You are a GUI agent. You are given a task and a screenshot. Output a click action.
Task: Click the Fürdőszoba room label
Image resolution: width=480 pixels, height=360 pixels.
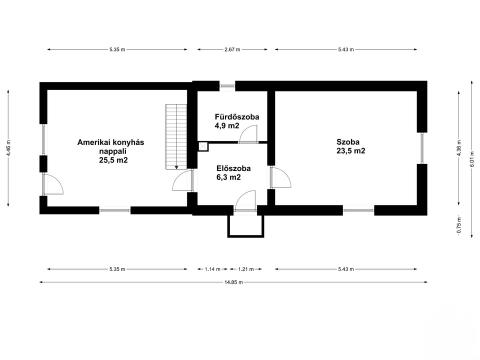tap(237, 116)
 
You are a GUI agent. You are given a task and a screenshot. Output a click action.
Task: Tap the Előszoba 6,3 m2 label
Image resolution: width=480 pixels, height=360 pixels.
tap(233, 172)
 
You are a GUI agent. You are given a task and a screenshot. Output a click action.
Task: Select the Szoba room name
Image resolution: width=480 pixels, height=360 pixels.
tap(348, 141)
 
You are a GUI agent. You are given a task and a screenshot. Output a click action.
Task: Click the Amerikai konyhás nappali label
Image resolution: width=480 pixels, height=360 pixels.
tap(110, 146)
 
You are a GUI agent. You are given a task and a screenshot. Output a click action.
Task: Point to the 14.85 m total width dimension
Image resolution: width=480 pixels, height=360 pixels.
tap(233, 282)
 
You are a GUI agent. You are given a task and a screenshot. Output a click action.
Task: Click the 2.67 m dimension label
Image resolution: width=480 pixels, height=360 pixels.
tap(232, 49)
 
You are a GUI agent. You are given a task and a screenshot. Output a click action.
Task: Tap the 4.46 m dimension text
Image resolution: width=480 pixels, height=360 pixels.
tap(8, 148)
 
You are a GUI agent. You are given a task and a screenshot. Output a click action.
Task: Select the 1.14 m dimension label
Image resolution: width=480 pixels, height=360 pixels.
tap(212, 269)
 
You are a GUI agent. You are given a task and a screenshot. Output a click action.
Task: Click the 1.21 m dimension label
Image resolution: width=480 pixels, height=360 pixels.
tap(246, 269)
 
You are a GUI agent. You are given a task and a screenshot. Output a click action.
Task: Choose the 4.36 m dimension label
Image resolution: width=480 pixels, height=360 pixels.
tap(459, 148)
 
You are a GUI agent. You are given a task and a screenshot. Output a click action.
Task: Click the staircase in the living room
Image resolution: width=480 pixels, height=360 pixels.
tap(176, 136)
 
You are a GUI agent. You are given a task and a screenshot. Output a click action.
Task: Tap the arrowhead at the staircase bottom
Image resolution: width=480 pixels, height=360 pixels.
tap(176, 167)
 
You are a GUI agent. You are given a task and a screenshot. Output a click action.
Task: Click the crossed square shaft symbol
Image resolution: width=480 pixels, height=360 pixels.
tap(203, 146)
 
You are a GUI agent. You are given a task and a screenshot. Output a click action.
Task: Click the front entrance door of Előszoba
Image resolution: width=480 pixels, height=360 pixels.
tap(245, 201)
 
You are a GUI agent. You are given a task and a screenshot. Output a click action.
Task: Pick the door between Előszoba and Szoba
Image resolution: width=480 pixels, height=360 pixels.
tap(280, 177)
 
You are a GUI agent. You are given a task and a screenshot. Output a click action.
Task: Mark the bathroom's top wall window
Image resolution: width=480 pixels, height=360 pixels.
tap(227, 86)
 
